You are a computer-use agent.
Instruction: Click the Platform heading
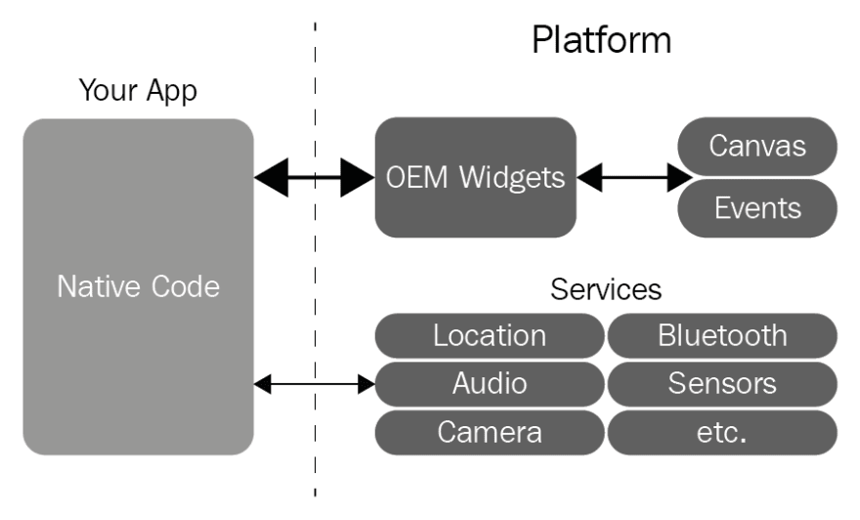[601, 41]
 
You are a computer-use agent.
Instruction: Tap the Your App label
[137, 92]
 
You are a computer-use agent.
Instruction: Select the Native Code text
[138, 286]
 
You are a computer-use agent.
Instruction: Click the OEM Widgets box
[475, 177]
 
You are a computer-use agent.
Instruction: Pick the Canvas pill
[757, 147]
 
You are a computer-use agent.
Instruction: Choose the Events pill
[757, 207]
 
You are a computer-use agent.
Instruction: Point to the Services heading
[606, 289]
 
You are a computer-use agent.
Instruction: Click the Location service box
[490, 335]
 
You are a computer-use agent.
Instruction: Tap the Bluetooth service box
[722, 335]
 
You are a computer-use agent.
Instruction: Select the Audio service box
[490, 383]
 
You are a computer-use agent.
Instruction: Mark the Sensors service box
[722, 383]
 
